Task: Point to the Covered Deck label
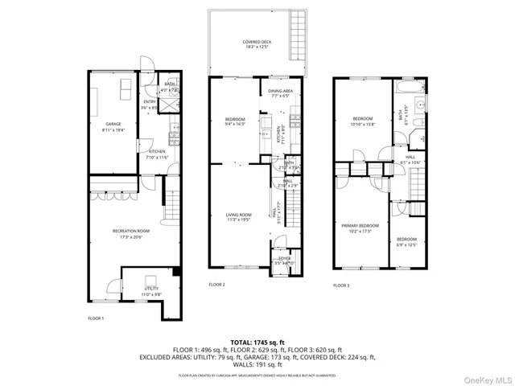pos(257,42)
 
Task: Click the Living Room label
pos(238,215)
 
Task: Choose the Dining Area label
pos(281,92)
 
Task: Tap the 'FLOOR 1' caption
pos(96,319)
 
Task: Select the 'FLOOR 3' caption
pos(341,285)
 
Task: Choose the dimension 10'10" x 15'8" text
pos(364,124)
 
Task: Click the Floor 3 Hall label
pos(410,157)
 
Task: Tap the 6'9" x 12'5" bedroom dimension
pos(406,244)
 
